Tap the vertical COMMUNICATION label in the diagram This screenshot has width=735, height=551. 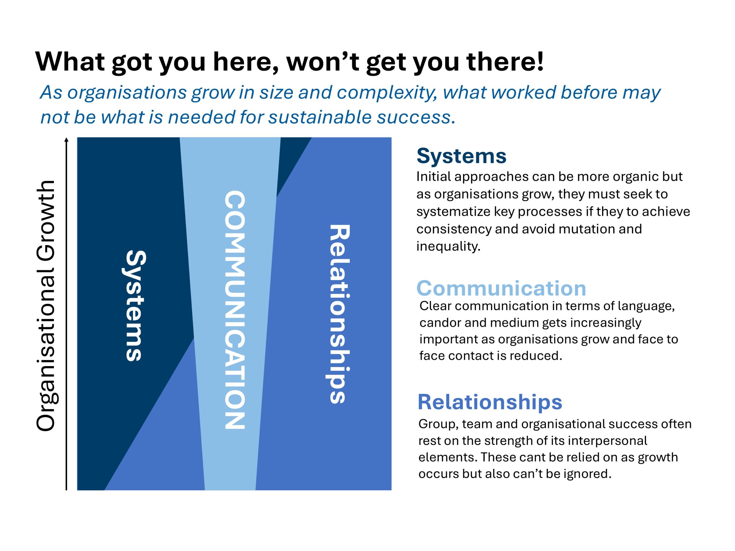tap(235, 310)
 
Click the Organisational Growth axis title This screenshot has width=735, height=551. tap(46, 306)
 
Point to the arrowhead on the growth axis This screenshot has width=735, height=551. tap(66, 139)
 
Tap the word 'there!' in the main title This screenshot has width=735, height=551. tap(505, 61)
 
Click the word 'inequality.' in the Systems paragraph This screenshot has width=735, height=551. tap(448, 247)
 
